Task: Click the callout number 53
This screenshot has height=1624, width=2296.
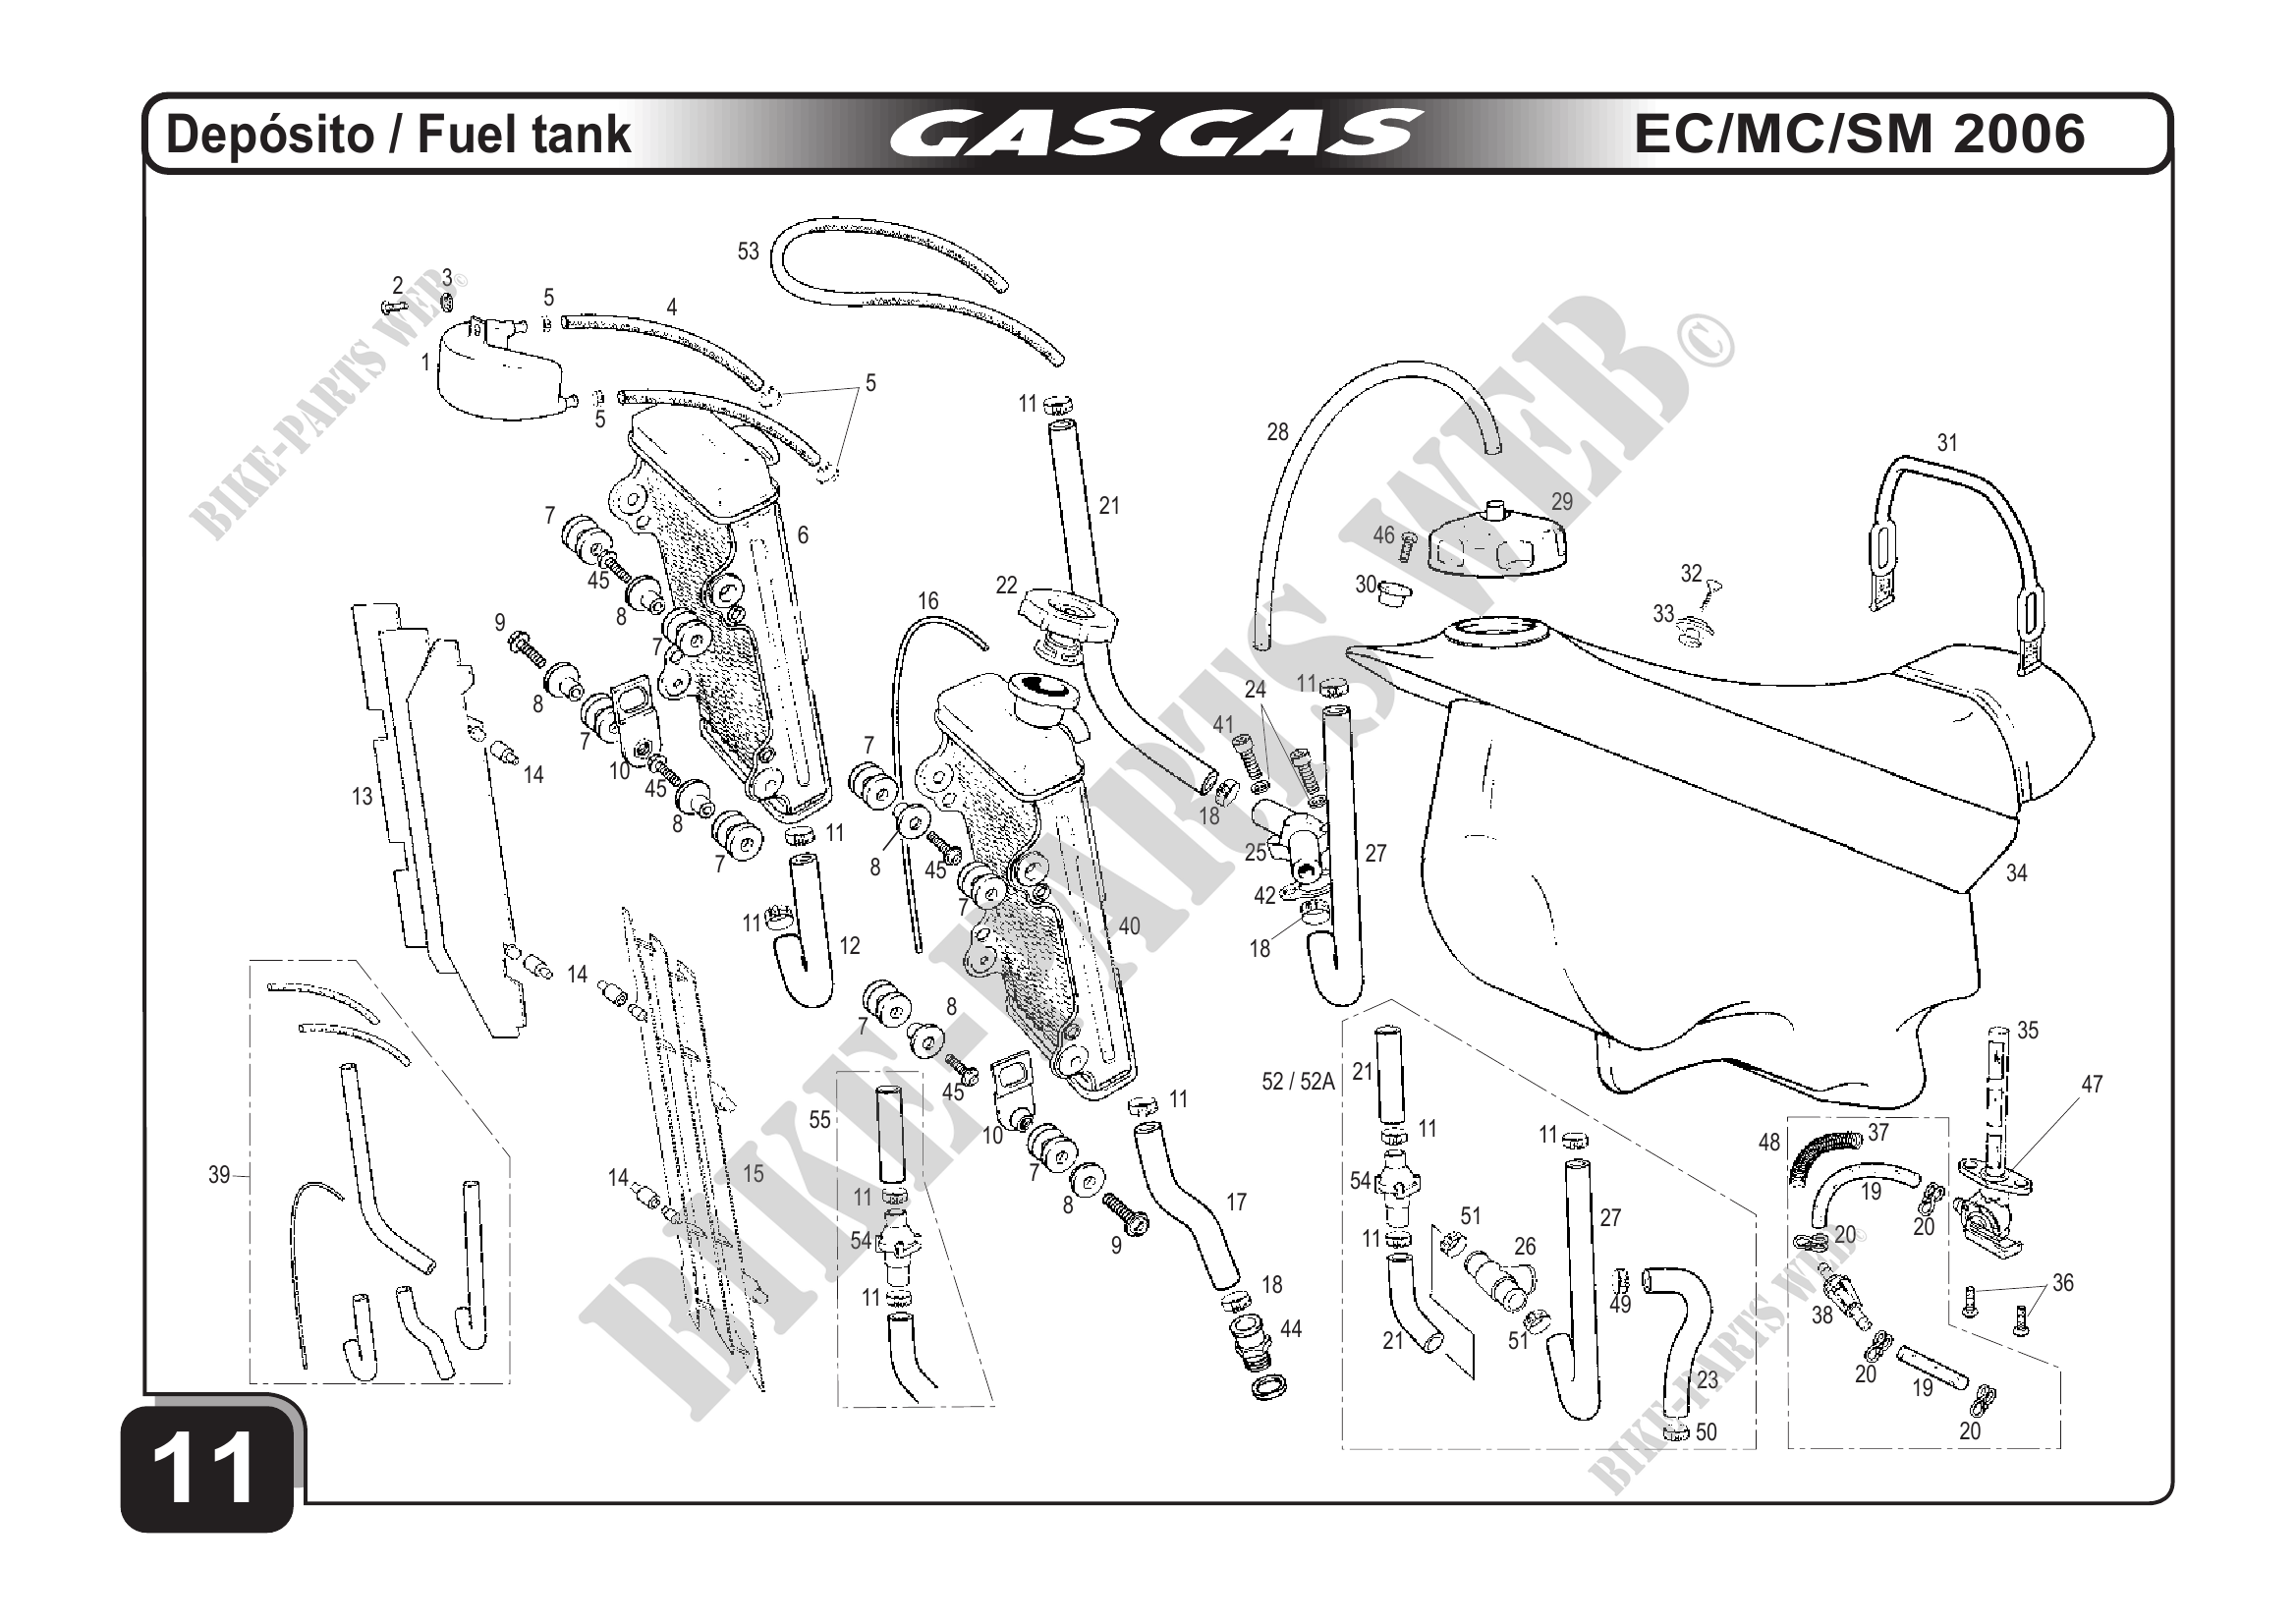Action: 748,252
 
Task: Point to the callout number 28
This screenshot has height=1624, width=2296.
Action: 1278,432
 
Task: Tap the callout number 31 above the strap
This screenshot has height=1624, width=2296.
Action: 1947,442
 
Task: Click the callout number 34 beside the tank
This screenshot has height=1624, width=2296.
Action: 2017,873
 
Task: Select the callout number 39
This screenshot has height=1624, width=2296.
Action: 219,1175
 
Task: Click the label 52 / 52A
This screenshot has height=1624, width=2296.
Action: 1298,1082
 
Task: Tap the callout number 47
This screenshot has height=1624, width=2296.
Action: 2092,1084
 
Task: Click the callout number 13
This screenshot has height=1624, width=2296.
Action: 362,796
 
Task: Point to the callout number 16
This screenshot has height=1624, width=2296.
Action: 928,601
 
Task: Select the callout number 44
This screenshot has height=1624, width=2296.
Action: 1291,1329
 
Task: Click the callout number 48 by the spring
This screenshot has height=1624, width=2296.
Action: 1769,1142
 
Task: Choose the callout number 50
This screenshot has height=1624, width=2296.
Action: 1706,1432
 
